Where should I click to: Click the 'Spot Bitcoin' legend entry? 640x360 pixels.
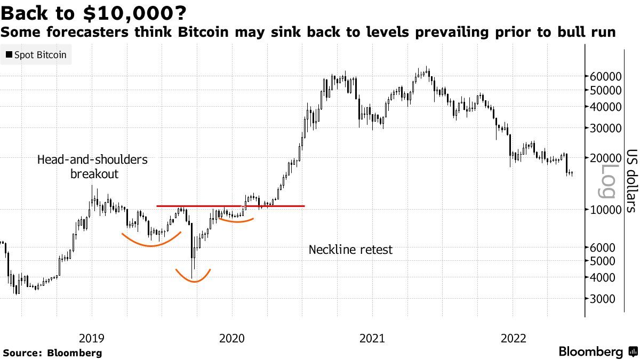36,55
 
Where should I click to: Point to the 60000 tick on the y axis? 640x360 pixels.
605,76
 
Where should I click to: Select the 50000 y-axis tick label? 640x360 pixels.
605,90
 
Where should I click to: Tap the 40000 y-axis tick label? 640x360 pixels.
605,107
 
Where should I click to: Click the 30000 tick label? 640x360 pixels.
605,128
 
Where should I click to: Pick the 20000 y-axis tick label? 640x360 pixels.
605,158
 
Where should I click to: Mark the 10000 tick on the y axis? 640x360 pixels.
605,210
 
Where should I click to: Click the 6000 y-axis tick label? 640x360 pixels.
607,247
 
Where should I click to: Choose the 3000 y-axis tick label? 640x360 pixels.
607,299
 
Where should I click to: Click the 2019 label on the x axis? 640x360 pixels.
92,338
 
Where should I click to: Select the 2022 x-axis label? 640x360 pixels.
513,338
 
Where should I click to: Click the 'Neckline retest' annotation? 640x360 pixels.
350,250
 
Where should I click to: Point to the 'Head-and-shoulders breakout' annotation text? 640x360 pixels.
92,167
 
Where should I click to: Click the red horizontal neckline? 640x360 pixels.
230,206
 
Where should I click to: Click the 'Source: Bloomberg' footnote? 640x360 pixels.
52,353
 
